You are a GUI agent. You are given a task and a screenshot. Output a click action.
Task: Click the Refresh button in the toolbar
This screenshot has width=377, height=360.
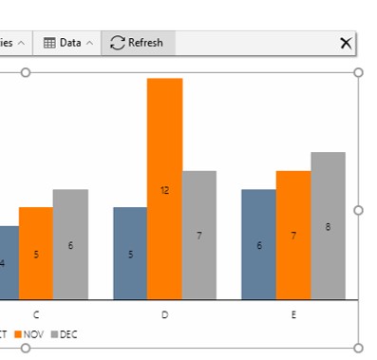pyautogui.click(x=138, y=43)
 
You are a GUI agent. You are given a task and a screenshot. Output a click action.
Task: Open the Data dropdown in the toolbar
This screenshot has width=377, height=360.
pyautogui.click(x=69, y=43)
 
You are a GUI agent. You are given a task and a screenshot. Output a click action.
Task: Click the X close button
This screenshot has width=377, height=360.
pyautogui.click(x=346, y=43)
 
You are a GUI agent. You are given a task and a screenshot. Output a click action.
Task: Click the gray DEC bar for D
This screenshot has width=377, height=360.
pyautogui.click(x=198, y=235)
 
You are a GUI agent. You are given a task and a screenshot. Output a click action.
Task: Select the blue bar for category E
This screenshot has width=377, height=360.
pyautogui.click(x=258, y=244)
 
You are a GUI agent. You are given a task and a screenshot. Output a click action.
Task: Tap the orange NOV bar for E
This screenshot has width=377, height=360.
pyautogui.click(x=293, y=235)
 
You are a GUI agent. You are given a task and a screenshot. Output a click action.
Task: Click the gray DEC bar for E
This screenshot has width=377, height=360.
pyautogui.click(x=328, y=225)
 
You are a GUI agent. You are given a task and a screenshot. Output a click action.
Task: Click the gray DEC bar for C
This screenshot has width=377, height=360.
pyautogui.click(x=70, y=244)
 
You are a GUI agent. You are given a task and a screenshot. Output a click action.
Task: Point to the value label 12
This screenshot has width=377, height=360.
pyautogui.click(x=164, y=190)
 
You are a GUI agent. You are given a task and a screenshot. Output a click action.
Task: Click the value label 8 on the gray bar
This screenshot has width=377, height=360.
pyautogui.click(x=328, y=227)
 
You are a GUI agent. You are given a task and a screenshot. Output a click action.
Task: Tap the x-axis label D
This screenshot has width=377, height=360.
pyautogui.click(x=164, y=314)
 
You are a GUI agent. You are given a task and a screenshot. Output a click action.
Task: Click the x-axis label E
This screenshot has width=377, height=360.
pyautogui.click(x=293, y=314)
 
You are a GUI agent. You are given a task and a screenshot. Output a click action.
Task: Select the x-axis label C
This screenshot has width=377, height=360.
pyautogui.click(x=36, y=314)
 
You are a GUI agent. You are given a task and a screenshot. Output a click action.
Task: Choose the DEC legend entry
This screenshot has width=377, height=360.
pyautogui.click(x=65, y=334)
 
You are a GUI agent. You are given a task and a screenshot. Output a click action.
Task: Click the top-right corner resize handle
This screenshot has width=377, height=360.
pyautogui.click(x=358, y=72)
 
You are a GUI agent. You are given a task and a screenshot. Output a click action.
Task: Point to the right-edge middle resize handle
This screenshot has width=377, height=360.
pyautogui.click(x=358, y=210)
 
